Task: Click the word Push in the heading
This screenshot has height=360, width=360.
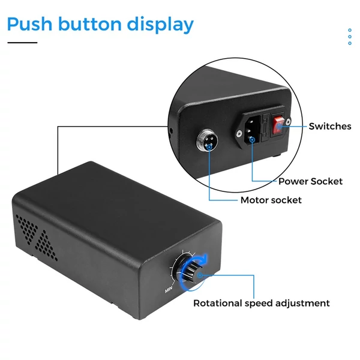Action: [30, 23]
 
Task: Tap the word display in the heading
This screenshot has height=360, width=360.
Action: [160, 25]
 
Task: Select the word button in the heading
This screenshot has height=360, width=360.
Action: [90, 23]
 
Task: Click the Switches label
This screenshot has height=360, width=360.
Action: [330, 126]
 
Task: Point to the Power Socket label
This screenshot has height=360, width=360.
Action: [310, 181]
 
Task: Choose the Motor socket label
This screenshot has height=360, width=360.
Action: [271, 200]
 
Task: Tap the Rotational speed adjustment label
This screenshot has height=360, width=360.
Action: [262, 303]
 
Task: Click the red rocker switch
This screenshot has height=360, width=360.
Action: [278, 125]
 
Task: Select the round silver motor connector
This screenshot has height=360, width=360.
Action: [207, 141]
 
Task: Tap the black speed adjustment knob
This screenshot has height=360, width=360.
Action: [193, 272]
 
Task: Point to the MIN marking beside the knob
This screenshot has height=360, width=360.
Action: [169, 290]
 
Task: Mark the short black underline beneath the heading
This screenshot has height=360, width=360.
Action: [22, 43]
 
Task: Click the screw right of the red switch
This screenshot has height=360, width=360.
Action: [288, 121]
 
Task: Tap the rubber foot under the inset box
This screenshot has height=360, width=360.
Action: [276, 155]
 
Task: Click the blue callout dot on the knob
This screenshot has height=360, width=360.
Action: [200, 275]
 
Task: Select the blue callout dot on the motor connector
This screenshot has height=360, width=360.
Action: [209, 146]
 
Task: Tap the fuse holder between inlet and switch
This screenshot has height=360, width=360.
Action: [266, 128]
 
